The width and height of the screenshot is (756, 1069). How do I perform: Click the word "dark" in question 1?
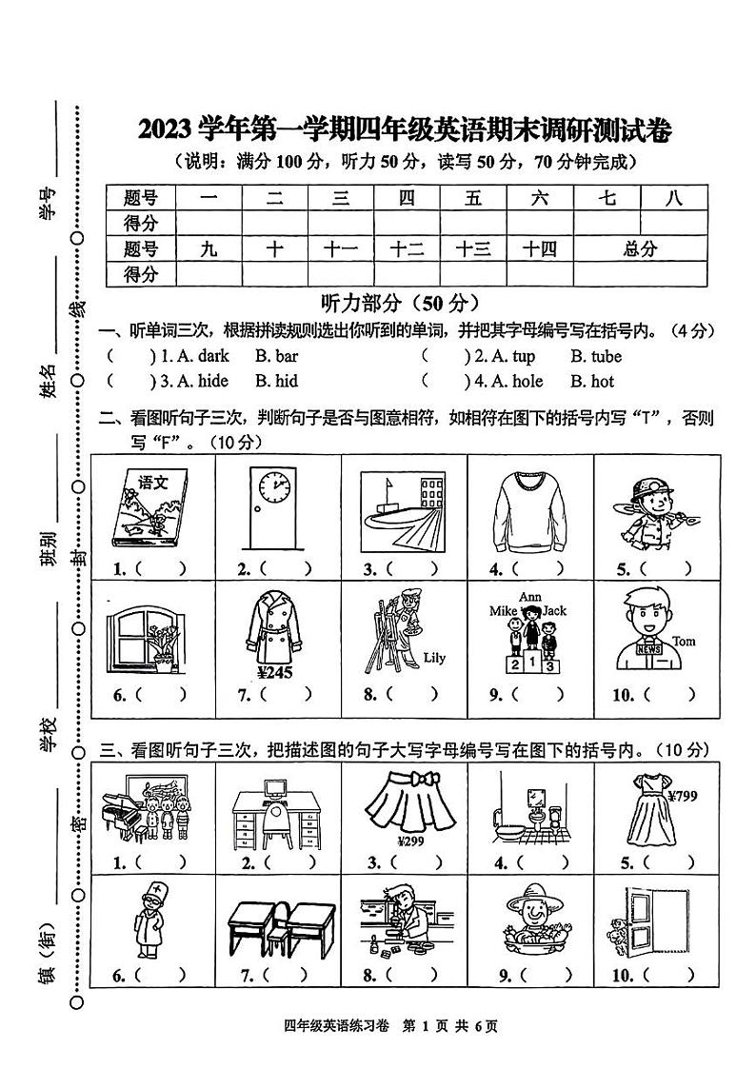pyautogui.click(x=212, y=357)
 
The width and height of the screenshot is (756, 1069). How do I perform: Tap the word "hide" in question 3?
pyautogui.click(x=212, y=382)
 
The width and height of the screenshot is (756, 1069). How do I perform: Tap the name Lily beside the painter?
pyautogui.click(x=433, y=658)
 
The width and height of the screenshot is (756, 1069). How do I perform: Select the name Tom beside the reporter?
pyautogui.click(x=684, y=641)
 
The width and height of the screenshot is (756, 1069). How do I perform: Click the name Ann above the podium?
pyautogui.click(x=529, y=597)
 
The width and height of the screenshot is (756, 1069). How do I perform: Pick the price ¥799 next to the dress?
pyautogui.click(x=683, y=797)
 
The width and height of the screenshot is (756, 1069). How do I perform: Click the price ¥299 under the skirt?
pyautogui.click(x=408, y=841)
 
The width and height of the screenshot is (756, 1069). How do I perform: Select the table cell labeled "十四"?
pyautogui.click(x=539, y=249)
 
